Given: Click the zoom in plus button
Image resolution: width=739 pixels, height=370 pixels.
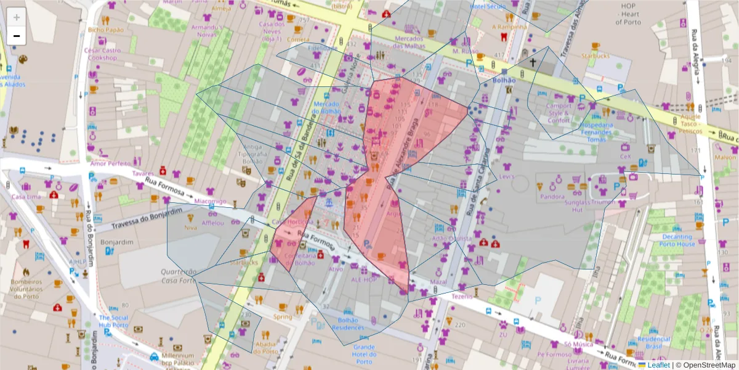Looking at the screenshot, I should tap(17, 17).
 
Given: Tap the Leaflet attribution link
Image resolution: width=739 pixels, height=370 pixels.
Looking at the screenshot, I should tap(658, 365).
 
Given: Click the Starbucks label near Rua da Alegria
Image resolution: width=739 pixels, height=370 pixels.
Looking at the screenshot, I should tap(594, 56).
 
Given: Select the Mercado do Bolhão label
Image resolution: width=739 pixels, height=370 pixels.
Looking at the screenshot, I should tap(327, 107).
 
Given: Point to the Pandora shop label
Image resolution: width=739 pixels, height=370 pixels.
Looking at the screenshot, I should tap(552, 197).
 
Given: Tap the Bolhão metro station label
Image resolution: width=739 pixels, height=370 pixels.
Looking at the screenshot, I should tap(504, 80).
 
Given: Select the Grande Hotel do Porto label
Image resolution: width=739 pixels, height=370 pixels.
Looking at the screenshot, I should tap(364, 351).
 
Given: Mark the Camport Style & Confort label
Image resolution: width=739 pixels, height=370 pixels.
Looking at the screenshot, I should tap(559, 113).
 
